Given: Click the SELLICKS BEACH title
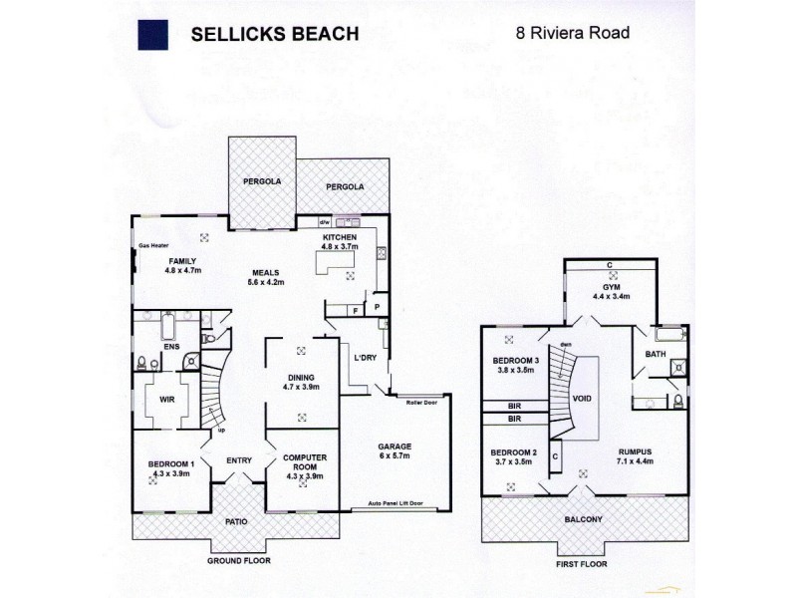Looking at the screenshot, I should [275, 33].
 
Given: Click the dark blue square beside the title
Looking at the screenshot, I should [151, 33].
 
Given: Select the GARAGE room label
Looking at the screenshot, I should [396, 446].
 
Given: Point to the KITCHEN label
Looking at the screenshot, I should [339, 236].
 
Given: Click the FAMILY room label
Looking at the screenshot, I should [182, 260].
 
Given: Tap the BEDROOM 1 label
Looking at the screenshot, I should [171, 463].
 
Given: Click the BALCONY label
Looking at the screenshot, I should [584, 519].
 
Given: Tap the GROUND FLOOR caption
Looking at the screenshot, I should [238, 561].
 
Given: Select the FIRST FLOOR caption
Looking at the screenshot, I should [583, 562].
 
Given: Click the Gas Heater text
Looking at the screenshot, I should [154, 244].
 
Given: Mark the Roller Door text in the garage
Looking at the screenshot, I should [422, 402].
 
